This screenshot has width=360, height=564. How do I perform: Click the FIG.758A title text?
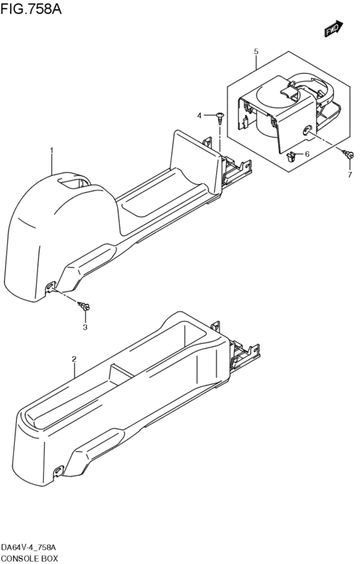(31, 9)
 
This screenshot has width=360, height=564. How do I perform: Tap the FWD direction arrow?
(334, 29)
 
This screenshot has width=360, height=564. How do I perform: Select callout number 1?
(51, 149)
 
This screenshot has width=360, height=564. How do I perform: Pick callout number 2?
(75, 359)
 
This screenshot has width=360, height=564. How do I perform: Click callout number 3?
(85, 327)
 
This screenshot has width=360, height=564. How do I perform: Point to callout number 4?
(199, 116)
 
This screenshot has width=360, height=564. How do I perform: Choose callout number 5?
(256, 51)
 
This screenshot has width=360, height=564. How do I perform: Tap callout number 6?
(307, 154)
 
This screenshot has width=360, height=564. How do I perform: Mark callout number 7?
(349, 175)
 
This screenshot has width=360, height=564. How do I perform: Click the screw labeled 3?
(84, 306)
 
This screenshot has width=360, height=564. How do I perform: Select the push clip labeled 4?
(220, 117)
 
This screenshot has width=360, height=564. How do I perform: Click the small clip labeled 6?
(291, 156)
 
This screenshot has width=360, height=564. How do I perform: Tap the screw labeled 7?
(348, 154)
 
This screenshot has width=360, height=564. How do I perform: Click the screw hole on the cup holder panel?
(307, 130)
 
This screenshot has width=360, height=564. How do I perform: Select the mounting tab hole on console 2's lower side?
(58, 470)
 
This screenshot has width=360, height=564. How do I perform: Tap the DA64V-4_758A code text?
(28, 548)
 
